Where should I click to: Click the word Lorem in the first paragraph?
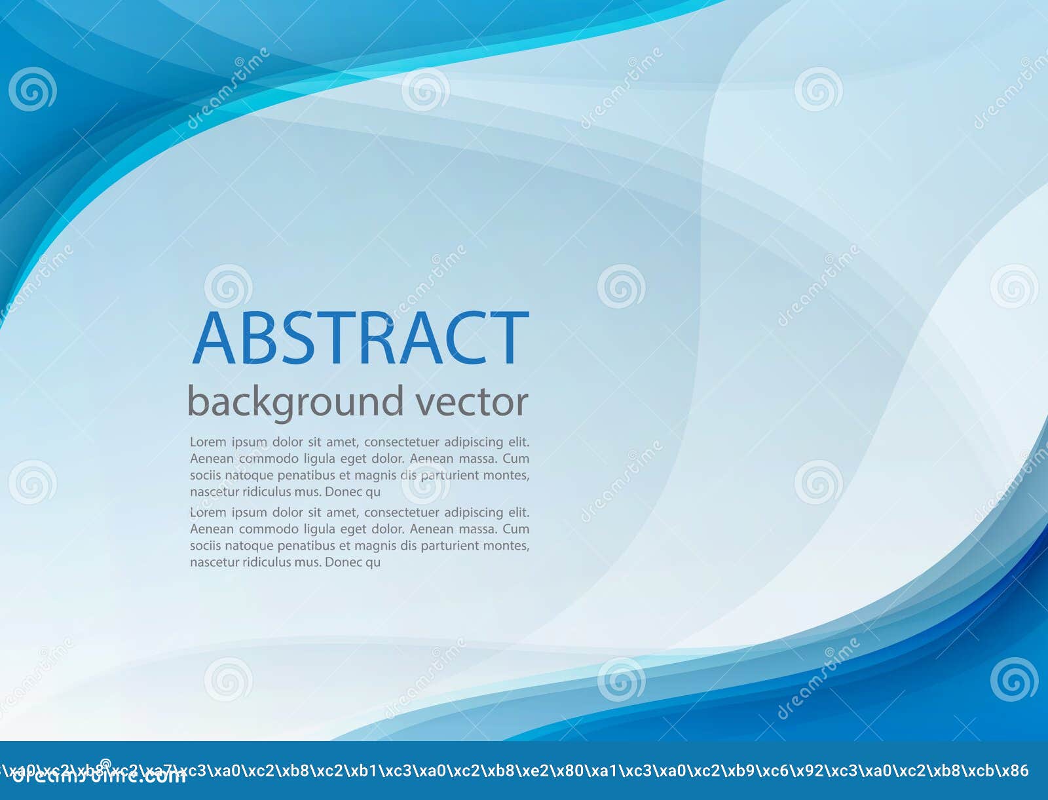pyautogui.click(x=208, y=442)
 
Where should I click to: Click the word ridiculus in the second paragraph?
pyautogui.click(x=267, y=562)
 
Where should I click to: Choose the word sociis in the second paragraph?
pyautogui.click(x=205, y=546)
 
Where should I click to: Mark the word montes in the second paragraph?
pyautogui.click(x=506, y=546)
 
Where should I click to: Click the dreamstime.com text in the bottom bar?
pyautogui.click(x=98, y=777)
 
